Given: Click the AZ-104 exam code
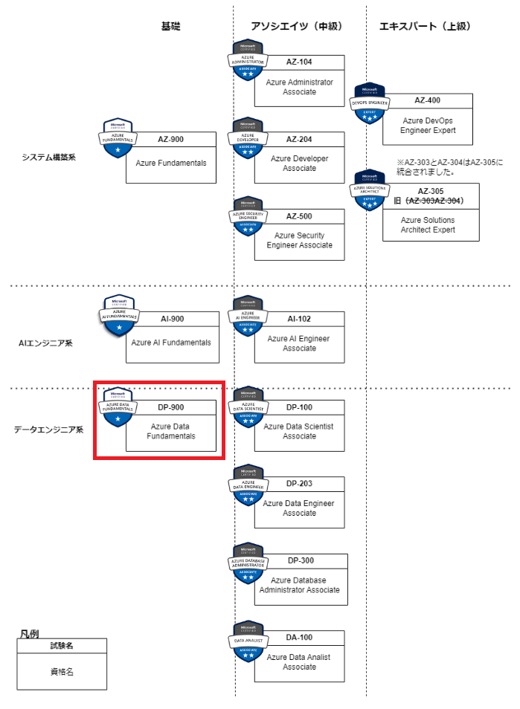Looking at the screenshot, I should [x=299, y=62].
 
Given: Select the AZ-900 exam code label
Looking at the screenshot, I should [x=170, y=139].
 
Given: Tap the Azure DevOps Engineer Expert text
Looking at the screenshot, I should [x=428, y=125].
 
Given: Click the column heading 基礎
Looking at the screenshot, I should [x=170, y=26].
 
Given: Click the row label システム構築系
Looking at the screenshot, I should [x=49, y=157].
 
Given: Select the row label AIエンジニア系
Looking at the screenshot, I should [x=46, y=343].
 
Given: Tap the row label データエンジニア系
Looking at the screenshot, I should [x=49, y=430].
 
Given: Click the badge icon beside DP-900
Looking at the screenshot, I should [x=118, y=407].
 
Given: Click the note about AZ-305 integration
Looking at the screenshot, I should [x=450, y=167].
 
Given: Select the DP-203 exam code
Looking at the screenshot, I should [x=299, y=484].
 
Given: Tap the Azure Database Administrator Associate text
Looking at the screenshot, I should [x=299, y=585].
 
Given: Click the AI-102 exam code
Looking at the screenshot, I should [x=299, y=319].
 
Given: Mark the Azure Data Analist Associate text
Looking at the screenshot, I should [x=299, y=662].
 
